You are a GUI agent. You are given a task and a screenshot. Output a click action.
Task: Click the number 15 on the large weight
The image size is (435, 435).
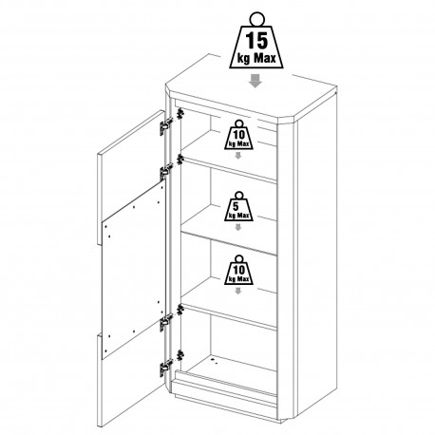[x=256, y=41]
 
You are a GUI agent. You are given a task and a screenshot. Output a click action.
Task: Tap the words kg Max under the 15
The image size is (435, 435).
[x=256, y=58]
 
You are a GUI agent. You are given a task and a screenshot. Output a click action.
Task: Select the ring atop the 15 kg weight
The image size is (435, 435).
[x=256, y=19]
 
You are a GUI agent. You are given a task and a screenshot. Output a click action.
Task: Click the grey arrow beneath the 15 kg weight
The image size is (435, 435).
[x=255, y=81]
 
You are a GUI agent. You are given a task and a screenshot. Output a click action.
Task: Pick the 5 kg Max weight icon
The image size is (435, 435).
[x=238, y=206]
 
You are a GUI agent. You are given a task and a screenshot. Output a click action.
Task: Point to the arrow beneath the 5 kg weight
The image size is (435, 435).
[x=238, y=227]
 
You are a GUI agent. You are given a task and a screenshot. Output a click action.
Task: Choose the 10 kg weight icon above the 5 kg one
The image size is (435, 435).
[x=238, y=134]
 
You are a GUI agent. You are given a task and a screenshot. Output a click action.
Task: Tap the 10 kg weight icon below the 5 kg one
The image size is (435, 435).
[x=238, y=270]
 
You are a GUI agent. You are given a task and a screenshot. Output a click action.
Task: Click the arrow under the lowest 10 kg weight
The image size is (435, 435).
[x=238, y=291]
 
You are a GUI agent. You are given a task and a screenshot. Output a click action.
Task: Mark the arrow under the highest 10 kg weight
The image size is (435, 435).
[x=238, y=155]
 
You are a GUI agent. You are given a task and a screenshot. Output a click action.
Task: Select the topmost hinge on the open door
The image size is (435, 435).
[x=166, y=125]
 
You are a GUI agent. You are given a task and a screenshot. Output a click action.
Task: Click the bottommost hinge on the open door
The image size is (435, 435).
[x=166, y=368]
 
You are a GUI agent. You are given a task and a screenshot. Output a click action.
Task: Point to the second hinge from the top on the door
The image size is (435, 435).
[x=166, y=172]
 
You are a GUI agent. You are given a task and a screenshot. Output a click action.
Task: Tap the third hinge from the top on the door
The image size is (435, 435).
[x=166, y=322]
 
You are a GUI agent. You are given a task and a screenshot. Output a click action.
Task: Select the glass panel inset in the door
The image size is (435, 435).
[x=134, y=270]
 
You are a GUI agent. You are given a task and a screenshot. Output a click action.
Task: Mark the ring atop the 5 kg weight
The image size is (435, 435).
[x=238, y=195]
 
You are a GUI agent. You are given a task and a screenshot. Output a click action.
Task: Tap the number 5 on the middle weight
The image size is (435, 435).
[x=236, y=207]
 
